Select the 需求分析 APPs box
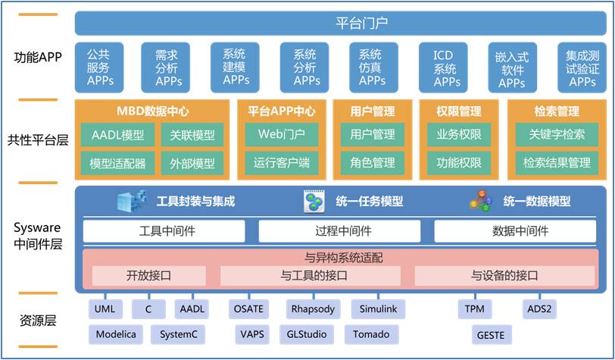tap(166, 68)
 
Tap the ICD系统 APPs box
tap(446, 68)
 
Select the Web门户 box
tap(281, 136)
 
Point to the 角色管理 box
tap(373, 162)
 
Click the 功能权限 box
tap(458, 162)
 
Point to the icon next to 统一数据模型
tap(480, 202)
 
